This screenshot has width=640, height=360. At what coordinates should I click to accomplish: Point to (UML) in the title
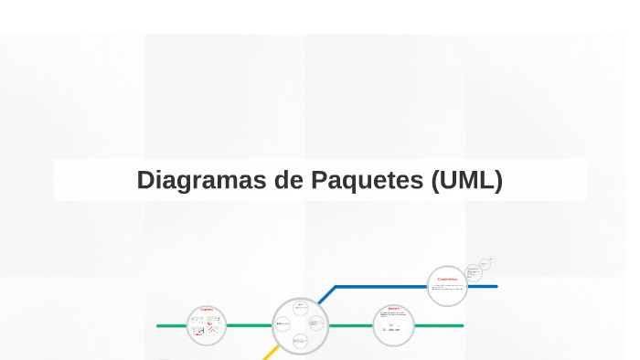(466, 181)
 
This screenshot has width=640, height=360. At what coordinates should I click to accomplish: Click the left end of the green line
(160, 325)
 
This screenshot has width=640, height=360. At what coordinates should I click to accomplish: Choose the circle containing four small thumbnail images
(207, 326)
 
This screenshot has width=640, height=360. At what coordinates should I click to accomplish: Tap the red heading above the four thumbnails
(207, 310)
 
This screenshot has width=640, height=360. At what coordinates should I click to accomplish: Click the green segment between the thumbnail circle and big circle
(250, 325)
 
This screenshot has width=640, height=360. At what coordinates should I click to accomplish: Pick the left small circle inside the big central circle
(283, 323)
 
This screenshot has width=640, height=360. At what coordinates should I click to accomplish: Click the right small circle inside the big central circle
(317, 323)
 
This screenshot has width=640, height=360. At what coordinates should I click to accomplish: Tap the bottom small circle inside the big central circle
(300, 342)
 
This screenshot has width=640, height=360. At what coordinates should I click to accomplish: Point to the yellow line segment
(271, 353)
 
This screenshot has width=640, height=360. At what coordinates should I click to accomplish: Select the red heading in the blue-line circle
(447, 279)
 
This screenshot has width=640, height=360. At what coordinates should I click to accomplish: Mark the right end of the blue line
(495, 287)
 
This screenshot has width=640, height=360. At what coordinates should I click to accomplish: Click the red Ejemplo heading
(394, 309)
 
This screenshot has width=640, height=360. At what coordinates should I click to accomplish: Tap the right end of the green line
(461, 325)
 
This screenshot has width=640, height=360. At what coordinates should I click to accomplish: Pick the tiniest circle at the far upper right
(492, 260)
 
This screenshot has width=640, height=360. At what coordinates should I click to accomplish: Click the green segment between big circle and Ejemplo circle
(350, 325)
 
